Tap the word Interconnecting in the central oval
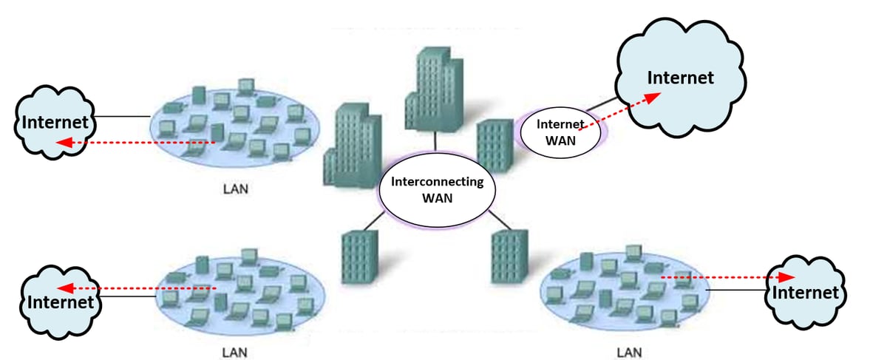(436, 181)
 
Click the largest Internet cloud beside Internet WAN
(680, 78)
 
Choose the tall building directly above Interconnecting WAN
(434, 89)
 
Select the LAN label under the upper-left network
(235, 189)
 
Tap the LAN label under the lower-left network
(235, 351)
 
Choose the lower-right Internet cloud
(805, 290)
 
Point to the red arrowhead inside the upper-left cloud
(64, 140)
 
